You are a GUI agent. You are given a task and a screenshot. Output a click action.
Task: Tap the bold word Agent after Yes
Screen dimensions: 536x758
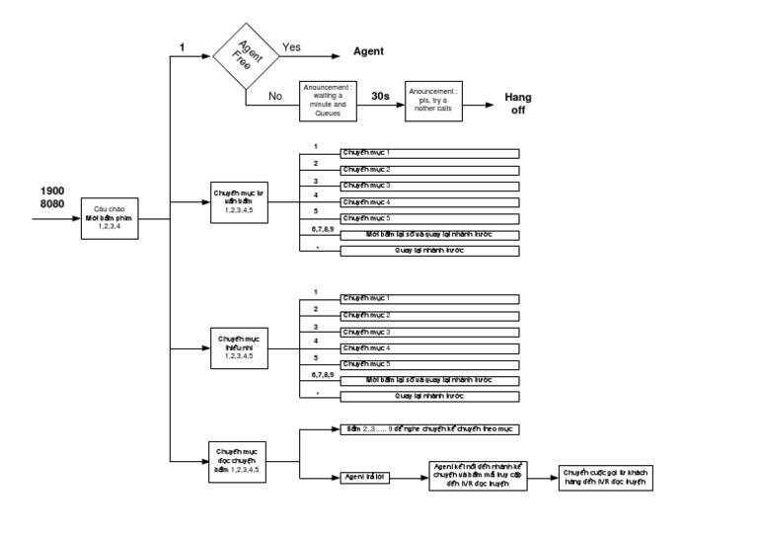(x=368, y=51)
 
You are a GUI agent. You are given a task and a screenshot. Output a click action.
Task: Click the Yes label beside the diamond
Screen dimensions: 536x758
(x=292, y=46)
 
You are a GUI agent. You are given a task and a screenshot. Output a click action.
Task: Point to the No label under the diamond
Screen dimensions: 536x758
(x=276, y=97)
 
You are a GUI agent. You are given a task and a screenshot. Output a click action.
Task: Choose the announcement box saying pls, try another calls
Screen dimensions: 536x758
(x=433, y=101)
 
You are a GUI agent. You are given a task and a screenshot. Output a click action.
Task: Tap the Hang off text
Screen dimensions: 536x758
(x=518, y=103)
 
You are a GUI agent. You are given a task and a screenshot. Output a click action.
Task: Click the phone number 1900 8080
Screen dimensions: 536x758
(x=53, y=197)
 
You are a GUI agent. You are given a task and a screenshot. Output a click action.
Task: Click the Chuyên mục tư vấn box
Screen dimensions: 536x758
(x=240, y=202)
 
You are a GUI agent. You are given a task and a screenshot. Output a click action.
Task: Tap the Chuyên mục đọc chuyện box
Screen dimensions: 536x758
(x=240, y=460)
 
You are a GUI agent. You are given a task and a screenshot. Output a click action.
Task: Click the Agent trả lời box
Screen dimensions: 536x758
(x=365, y=478)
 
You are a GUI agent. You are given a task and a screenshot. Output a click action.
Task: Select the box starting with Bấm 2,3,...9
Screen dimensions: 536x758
(x=430, y=429)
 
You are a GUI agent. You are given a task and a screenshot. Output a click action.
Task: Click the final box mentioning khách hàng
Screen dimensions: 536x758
(x=606, y=477)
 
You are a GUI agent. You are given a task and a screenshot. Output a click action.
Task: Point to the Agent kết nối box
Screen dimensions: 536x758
(x=478, y=477)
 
